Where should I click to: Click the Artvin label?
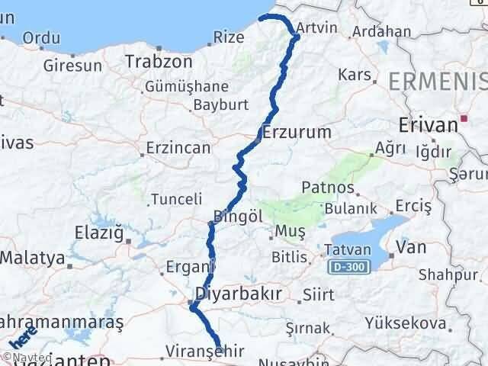(316, 28)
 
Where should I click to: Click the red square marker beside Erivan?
(464, 118)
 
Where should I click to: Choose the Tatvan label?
(347, 249)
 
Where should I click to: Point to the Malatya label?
(32, 258)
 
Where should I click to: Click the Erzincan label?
(178, 148)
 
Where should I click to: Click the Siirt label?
(317, 294)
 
